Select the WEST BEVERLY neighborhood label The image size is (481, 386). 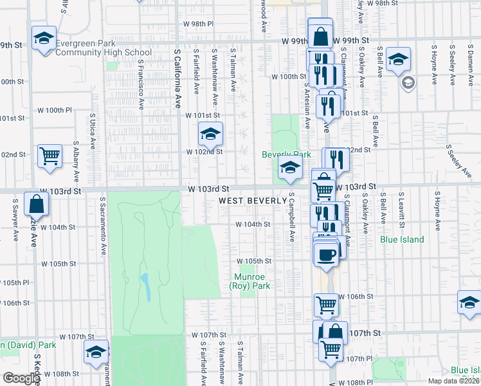(x=253, y=201)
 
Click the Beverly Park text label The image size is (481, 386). (x=286, y=155)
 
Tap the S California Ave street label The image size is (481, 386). (x=177, y=71)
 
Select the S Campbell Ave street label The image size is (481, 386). (x=291, y=216)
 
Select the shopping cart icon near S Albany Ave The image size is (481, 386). (x=50, y=155)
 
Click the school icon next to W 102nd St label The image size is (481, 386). (x=210, y=133)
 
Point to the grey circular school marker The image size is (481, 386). (x=408, y=83)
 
